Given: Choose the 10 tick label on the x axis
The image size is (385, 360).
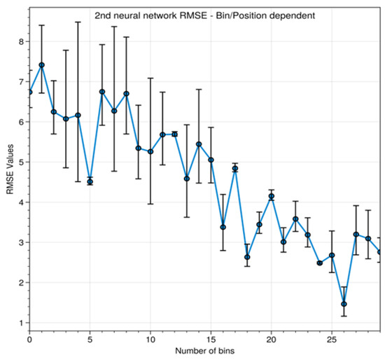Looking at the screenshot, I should (150, 339).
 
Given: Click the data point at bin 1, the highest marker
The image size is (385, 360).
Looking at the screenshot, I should (41, 65).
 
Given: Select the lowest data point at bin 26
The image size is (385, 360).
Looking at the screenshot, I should (344, 304).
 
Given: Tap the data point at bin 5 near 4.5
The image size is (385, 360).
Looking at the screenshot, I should (90, 181).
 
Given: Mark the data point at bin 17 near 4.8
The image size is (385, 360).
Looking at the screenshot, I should (235, 168).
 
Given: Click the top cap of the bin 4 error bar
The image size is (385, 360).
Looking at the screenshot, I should (78, 22).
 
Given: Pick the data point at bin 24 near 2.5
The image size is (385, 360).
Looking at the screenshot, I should (320, 263).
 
